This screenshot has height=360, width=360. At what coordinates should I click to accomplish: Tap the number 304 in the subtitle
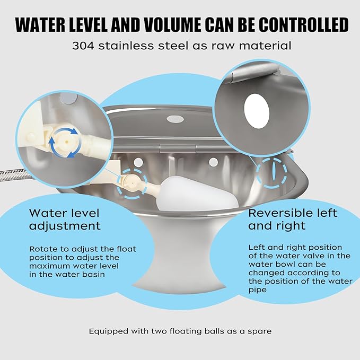(x=83, y=46)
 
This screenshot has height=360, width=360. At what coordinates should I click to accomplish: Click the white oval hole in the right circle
(x=257, y=111)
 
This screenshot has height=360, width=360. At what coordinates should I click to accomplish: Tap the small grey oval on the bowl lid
(x=175, y=119)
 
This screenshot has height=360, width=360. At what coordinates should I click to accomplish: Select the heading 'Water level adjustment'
(x=65, y=219)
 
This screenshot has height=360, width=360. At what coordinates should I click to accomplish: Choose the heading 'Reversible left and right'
(x=293, y=219)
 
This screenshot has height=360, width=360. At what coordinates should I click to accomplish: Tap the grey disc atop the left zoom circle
(x=68, y=98)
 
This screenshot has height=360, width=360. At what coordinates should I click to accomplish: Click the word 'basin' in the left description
(x=93, y=275)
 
